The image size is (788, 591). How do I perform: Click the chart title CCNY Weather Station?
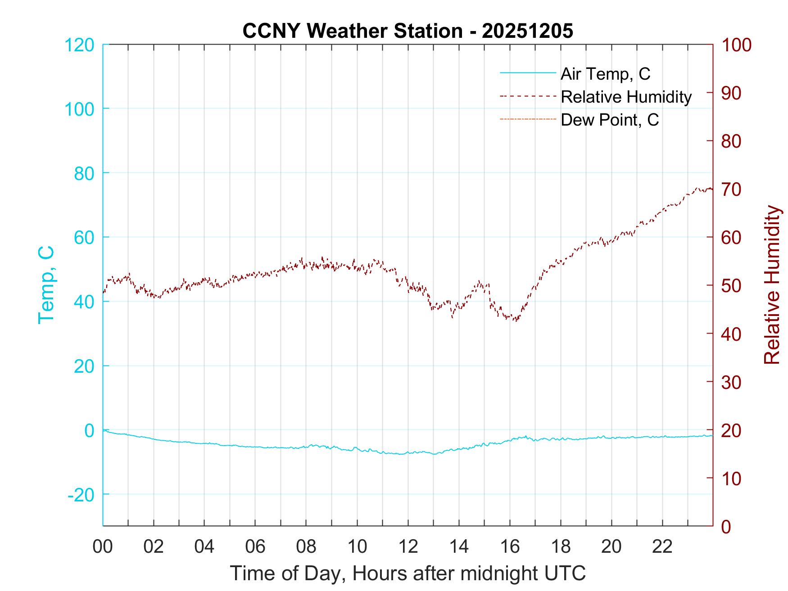tap(408, 31)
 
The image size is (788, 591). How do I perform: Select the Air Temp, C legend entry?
tap(605, 74)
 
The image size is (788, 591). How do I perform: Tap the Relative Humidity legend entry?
tap(626, 97)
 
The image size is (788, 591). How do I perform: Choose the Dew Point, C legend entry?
tap(610, 120)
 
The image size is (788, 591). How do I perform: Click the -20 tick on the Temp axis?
tap(81, 495)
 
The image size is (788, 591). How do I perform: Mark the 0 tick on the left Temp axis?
tap(89, 430)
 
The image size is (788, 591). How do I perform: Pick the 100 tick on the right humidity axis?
tap(736, 45)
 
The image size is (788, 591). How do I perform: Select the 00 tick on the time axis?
tap(103, 546)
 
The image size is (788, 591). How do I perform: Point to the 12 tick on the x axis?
tap(408, 546)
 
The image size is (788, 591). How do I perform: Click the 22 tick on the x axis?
tap(662, 546)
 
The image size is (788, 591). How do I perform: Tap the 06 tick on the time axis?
tap(255, 546)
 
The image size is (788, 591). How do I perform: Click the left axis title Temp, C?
tap(46, 285)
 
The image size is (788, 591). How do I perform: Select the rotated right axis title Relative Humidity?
tap(772, 285)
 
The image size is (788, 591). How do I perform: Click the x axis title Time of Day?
tap(408, 573)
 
